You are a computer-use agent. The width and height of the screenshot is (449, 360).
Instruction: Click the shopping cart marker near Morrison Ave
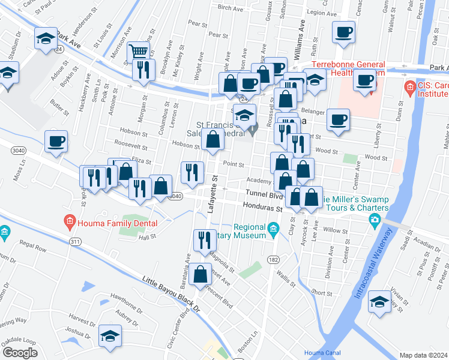pyautogui.click(x=139, y=52)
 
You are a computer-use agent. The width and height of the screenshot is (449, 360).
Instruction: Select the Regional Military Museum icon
pyautogui.click(x=274, y=227)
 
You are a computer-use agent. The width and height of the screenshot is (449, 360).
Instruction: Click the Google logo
pyautogui.click(x=19, y=352)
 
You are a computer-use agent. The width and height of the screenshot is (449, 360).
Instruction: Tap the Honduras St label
pyautogui.click(x=262, y=208)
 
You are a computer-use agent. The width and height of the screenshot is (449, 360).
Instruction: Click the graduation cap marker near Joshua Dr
pyautogui.click(x=110, y=336)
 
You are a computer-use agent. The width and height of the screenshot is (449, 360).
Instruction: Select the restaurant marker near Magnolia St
pyautogui.click(x=205, y=240)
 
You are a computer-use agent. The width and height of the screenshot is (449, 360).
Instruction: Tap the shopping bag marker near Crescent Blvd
pyautogui.click(x=200, y=274)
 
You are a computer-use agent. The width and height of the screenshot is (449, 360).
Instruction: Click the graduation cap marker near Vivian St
pyautogui.click(x=379, y=302)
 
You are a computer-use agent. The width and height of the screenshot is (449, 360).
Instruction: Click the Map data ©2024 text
pyautogui.click(x=423, y=355)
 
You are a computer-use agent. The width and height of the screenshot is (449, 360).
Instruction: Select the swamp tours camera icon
pyautogui.click(x=375, y=221)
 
